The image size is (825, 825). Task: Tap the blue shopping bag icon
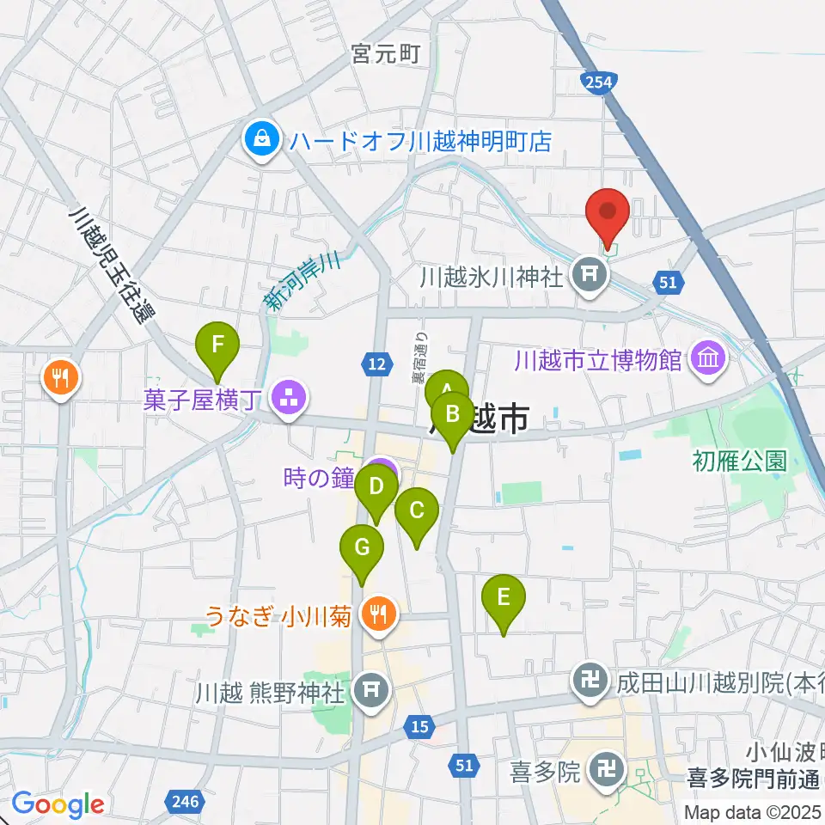pyautogui.click(x=260, y=140)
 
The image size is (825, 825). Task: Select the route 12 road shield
pyautogui.click(x=375, y=365)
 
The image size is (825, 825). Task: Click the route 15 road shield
pyautogui.click(x=419, y=727)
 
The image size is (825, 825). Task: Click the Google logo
pyautogui.click(x=58, y=804)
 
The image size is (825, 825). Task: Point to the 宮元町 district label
pyautogui.click(x=385, y=54)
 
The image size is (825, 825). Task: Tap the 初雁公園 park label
pyautogui.click(x=739, y=461)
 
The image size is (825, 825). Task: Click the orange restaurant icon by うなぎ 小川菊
pyautogui.click(x=376, y=615)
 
